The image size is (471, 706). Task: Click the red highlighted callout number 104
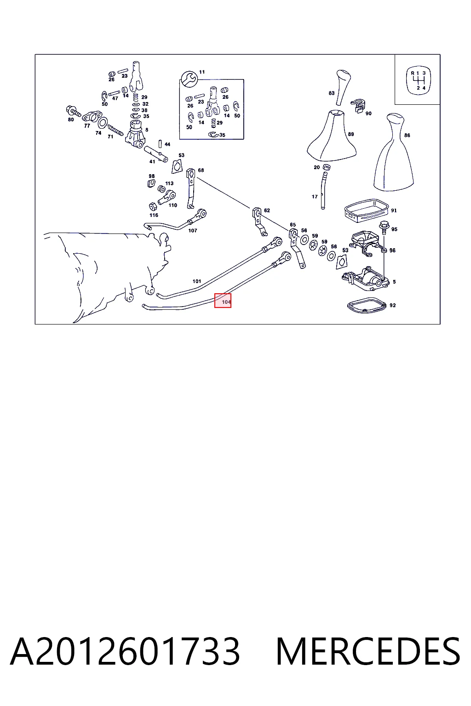click(223, 301)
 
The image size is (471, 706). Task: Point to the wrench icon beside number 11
click(189, 79)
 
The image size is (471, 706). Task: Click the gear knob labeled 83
click(342, 87)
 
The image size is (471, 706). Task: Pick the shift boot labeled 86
click(393, 152)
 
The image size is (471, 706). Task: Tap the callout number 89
click(351, 134)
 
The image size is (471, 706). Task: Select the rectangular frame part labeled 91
click(367, 209)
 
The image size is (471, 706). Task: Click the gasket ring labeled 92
click(367, 305)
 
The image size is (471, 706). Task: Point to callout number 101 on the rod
click(197, 281)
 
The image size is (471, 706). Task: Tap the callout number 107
click(192, 230)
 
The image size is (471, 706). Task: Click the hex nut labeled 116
click(153, 207)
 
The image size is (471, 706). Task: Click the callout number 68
click(201, 170)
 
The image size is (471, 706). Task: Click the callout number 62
click(267, 210)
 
